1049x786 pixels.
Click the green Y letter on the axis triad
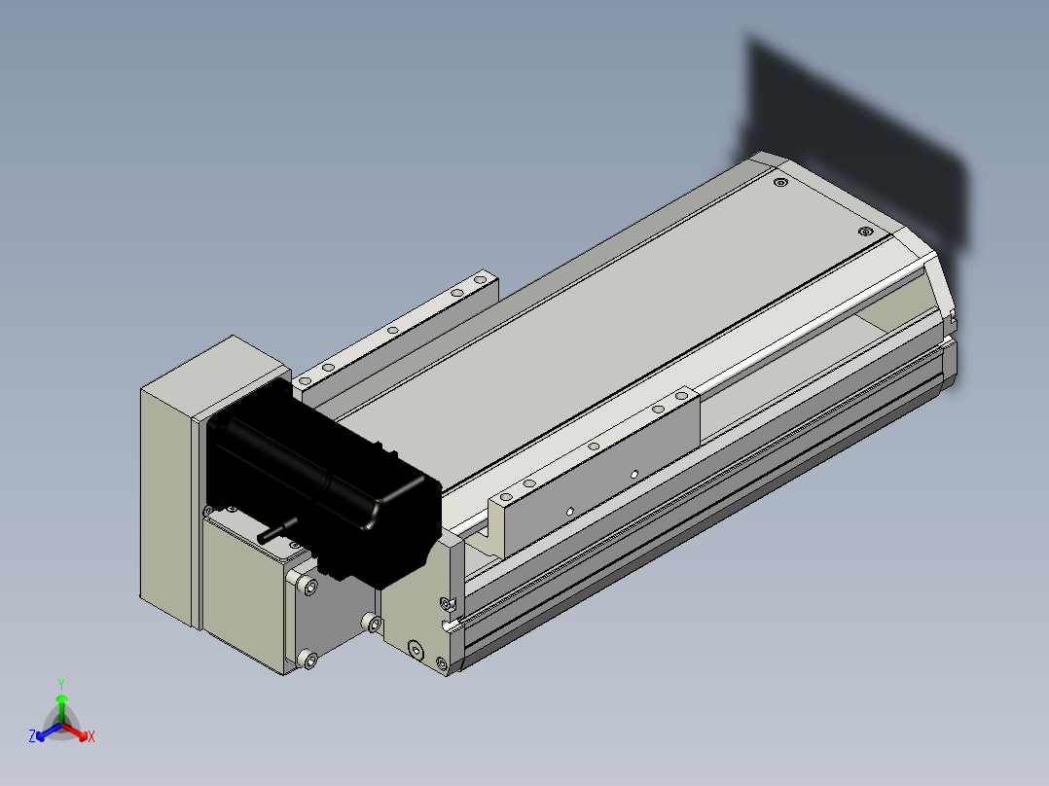pos(61,684)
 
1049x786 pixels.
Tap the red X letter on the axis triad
pos(91,736)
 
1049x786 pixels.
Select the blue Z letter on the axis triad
pos(31,735)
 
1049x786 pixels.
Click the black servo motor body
pos(321,482)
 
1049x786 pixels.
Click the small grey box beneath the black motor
pos(247,589)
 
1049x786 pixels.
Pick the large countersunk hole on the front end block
pos(416,649)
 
